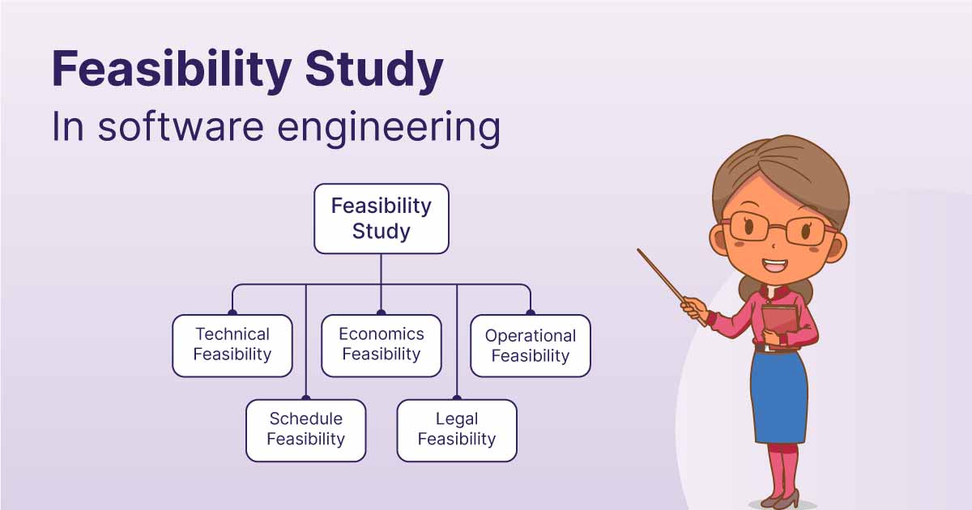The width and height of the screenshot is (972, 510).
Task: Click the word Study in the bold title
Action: coord(374,70)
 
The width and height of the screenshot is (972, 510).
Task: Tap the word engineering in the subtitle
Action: coord(389,128)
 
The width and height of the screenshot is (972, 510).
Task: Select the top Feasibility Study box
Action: coord(382,219)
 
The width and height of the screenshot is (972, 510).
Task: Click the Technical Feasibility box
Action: coord(232,346)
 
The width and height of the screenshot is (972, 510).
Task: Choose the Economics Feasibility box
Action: coord(382,346)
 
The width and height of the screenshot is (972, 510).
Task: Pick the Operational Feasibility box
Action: coord(531,346)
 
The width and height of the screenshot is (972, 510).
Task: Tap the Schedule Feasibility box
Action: coord(306,430)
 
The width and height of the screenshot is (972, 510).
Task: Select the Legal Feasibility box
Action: coord(457,430)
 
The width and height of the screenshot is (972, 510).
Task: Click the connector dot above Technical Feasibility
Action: coord(232,312)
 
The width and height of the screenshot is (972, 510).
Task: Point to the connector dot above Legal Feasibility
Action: coord(457,397)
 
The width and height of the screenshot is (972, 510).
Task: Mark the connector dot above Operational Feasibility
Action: coord(531,312)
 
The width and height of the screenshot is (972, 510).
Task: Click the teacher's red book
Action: coord(780,325)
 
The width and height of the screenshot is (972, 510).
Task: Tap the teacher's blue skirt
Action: coord(779,397)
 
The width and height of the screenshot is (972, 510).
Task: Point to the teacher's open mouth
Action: coord(775,265)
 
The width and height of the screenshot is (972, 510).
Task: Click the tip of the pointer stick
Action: coord(638,250)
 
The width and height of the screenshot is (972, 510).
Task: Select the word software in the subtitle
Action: coord(181,126)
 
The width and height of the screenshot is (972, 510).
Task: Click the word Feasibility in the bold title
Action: coord(172,70)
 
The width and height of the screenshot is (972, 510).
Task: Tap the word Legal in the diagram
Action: coord(457,419)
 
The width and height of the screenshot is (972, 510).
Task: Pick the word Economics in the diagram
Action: coord(382,334)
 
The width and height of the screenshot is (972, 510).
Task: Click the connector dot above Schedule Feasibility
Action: coord(306,397)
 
